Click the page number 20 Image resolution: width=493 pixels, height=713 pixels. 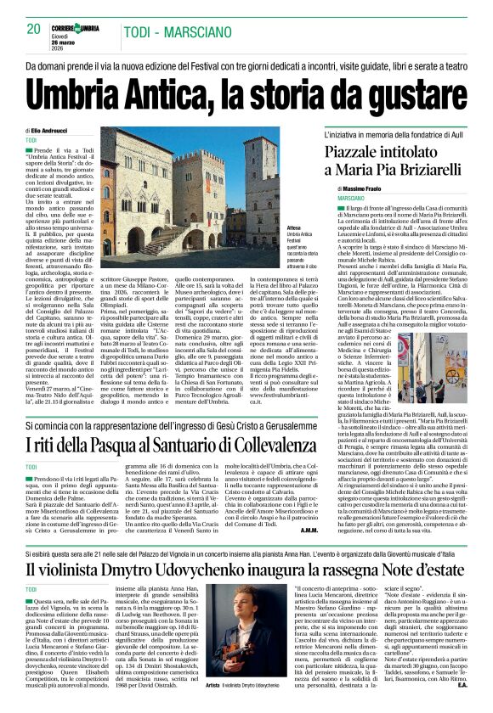(34, 29)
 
